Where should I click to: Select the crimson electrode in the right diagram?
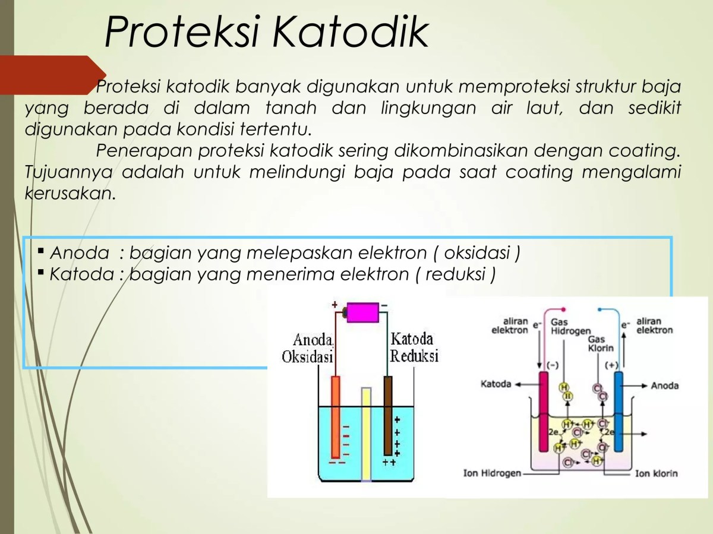pyautogui.click(x=544, y=410)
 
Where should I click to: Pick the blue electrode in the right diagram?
pyautogui.click(x=619, y=410)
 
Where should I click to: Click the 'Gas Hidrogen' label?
pyautogui.click(x=571, y=326)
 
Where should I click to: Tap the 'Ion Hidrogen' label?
pyautogui.click(x=492, y=473)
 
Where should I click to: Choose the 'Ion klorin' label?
pyautogui.click(x=656, y=473)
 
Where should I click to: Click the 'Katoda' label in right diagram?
pyautogui.click(x=496, y=384)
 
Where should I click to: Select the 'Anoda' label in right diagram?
pyautogui.click(x=665, y=386)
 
